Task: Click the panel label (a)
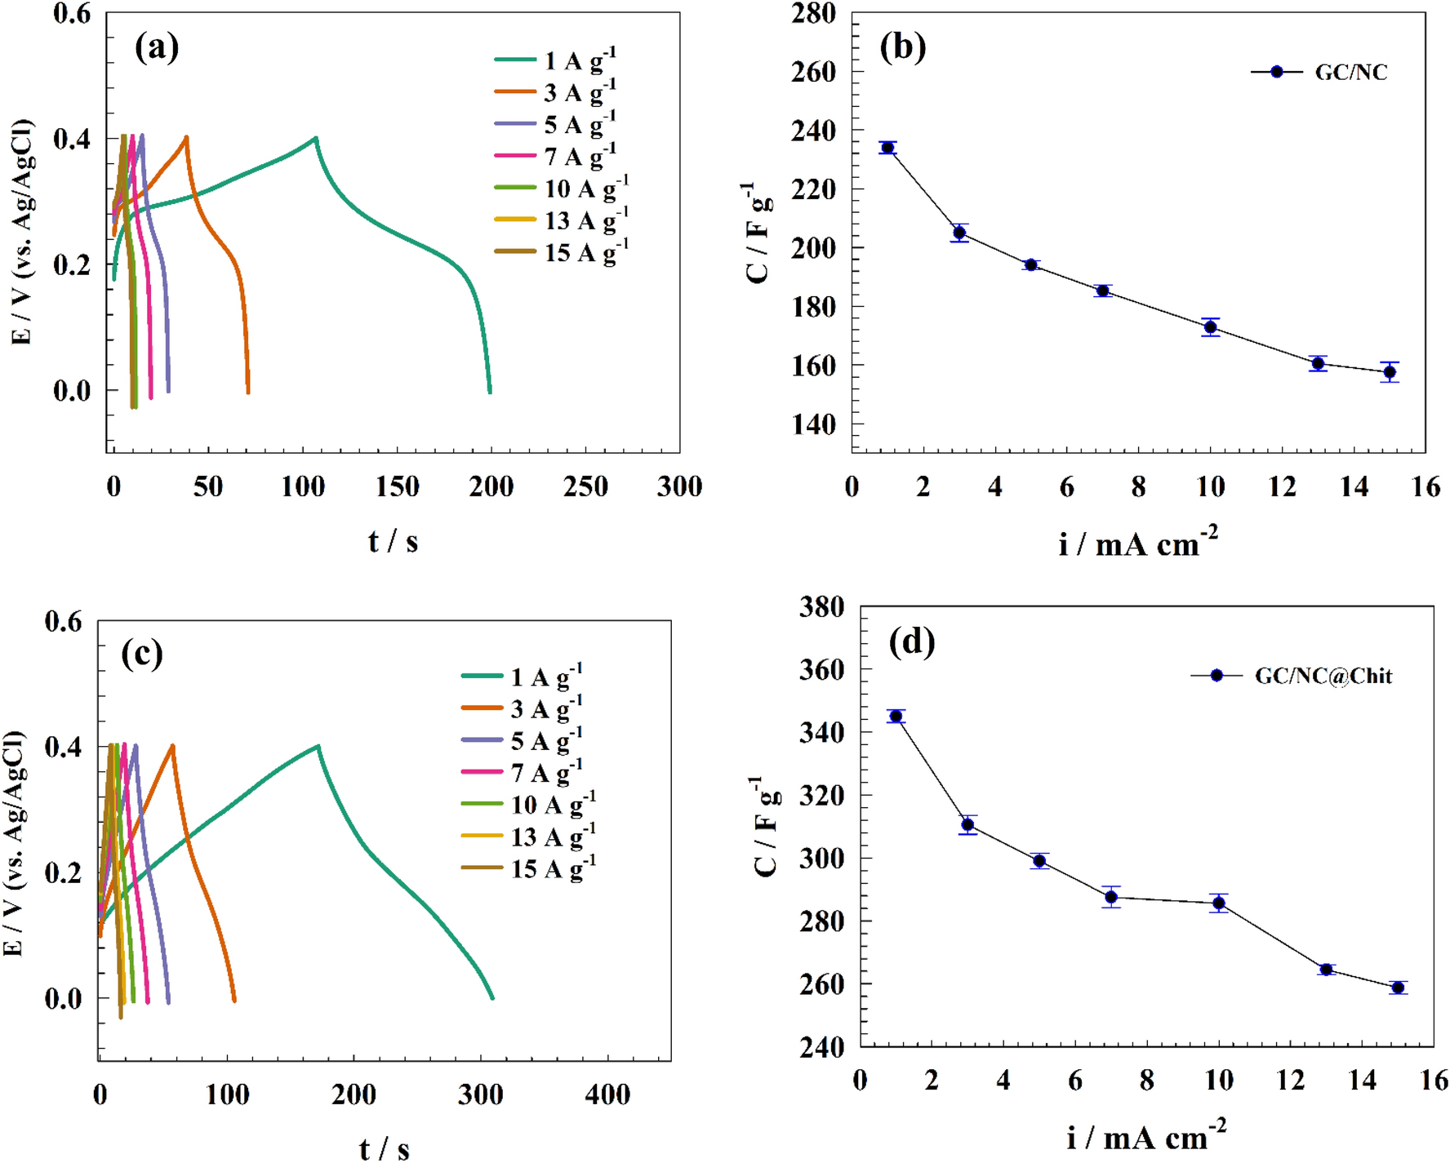point(157,47)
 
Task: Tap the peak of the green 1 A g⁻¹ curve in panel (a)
point(316,138)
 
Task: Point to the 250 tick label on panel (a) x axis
point(585,487)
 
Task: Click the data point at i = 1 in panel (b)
point(887,148)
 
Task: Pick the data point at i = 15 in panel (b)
point(1390,372)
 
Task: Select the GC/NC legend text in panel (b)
point(1350,73)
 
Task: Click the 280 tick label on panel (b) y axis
point(813,13)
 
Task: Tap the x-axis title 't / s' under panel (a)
point(393,541)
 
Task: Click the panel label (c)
point(142,654)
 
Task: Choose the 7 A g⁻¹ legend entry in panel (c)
point(545,772)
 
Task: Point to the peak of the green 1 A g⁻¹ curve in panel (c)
point(318,745)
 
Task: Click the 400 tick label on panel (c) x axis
point(607,1094)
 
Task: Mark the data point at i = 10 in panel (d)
point(1219,903)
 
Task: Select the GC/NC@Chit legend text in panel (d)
point(1323,676)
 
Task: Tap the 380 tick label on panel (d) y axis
point(821,607)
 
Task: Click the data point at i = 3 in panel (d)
point(967,825)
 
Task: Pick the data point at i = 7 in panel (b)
point(1103,291)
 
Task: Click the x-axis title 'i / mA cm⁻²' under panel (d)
point(1145,1136)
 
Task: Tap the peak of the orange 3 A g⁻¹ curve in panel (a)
point(187,137)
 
